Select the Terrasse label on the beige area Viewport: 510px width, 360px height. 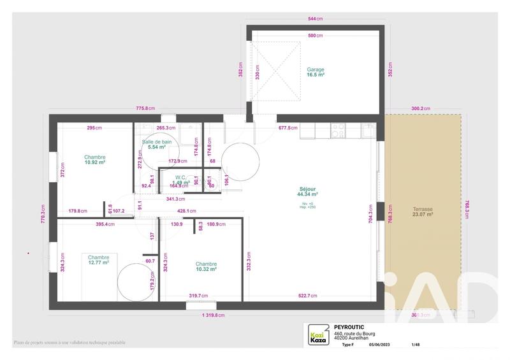422,208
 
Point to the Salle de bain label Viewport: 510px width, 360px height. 157,141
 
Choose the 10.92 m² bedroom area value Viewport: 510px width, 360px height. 95,163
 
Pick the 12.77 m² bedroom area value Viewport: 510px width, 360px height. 99,263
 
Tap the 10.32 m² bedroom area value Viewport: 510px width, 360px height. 207,270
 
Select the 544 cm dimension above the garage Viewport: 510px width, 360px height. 314,19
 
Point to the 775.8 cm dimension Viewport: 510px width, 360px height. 145,108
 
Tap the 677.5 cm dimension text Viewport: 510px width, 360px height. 288,127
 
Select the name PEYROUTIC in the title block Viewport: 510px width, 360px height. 349,328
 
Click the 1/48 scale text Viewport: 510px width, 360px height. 416,345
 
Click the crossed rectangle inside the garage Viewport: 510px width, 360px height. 277,71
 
